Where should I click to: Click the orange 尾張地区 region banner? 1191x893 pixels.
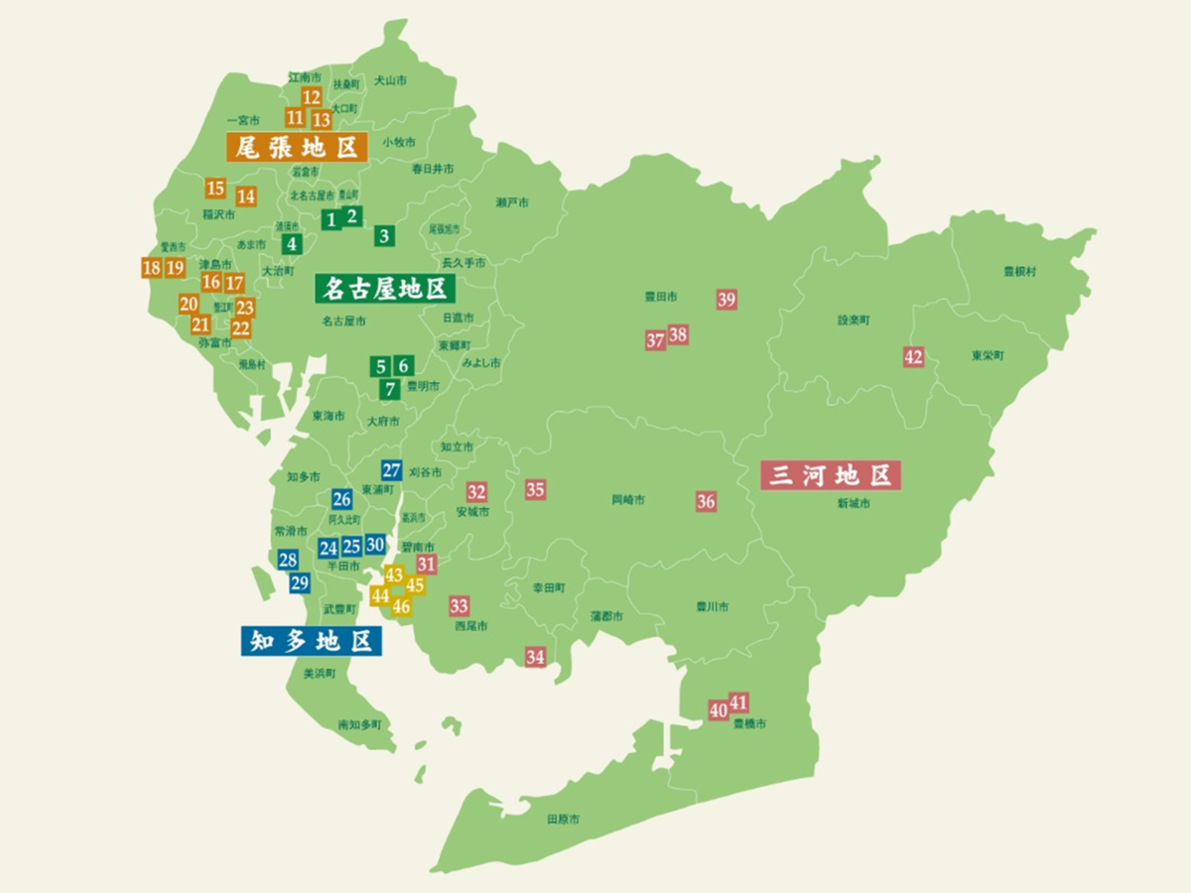point(297,147)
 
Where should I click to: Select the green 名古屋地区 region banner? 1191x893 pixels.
point(385,289)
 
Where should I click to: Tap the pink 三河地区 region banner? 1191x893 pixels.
point(830,475)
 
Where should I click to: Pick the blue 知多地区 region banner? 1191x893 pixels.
point(311,641)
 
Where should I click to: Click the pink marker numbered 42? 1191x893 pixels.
point(913,357)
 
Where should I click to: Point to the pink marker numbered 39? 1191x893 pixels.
point(727,300)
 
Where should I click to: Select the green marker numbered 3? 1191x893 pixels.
point(384,236)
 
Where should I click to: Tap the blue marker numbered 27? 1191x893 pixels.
point(392,470)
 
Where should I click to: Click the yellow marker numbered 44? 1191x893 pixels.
point(380,595)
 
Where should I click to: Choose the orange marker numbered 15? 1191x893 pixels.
point(215,189)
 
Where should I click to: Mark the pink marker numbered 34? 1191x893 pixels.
point(536,657)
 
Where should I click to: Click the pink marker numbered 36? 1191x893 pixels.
point(706,501)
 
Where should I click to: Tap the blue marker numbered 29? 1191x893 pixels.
point(300,582)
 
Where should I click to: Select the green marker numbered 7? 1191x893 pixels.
point(391,389)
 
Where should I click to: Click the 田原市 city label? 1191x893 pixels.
point(563,821)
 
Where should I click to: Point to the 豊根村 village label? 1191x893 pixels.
point(1019,271)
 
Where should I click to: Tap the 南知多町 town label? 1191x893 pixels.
point(359,725)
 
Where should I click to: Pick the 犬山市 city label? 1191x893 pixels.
point(390,79)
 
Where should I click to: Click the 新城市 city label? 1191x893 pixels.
point(853,504)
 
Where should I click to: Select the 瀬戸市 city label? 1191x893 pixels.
point(512,202)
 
